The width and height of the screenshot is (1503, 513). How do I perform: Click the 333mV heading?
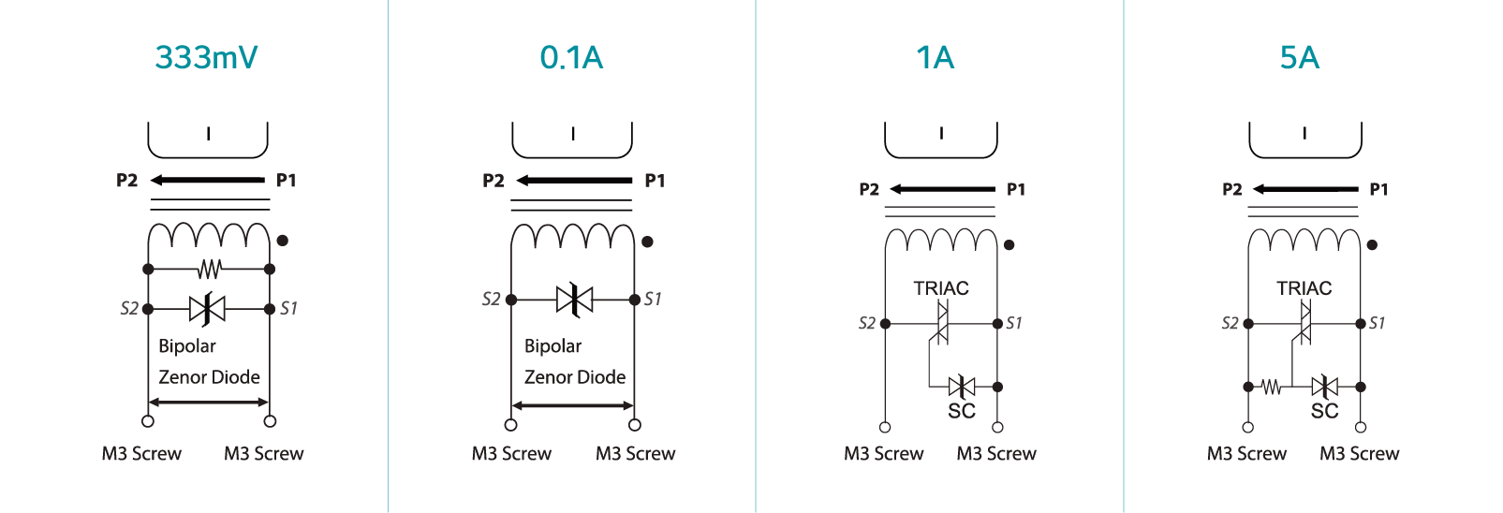coord(206,58)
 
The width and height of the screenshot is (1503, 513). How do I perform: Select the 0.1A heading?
coord(571,58)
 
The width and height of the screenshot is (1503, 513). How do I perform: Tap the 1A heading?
coord(936,58)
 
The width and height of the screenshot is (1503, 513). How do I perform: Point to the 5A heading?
coord(1300,58)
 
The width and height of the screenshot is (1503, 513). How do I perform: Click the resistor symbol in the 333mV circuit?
coord(209,270)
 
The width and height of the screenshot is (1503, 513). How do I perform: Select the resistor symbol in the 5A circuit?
coord(1271,387)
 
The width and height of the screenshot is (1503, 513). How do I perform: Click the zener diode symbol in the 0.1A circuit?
coord(574,300)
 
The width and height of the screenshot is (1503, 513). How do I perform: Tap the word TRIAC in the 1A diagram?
coord(940,288)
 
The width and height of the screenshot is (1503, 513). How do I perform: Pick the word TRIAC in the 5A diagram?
coord(1304,288)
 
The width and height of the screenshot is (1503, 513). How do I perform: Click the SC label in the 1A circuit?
coord(962,411)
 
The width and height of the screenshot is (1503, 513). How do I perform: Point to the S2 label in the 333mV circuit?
coord(129,308)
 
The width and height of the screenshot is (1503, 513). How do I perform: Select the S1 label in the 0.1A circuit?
coord(653,300)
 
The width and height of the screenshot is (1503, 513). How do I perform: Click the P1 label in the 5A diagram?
coord(1378,190)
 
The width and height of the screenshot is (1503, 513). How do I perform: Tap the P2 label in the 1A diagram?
coord(869,190)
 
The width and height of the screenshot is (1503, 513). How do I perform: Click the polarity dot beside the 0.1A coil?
coord(647,242)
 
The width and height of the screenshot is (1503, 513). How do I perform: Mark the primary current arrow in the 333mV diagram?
coord(208,180)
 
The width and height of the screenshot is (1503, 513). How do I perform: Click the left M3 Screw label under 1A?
coord(883,454)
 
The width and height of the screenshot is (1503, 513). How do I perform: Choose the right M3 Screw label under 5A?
coord(1359,454)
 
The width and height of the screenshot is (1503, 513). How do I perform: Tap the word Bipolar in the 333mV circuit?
coord(187,346)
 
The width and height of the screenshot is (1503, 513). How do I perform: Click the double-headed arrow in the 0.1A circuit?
coord(573,405)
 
